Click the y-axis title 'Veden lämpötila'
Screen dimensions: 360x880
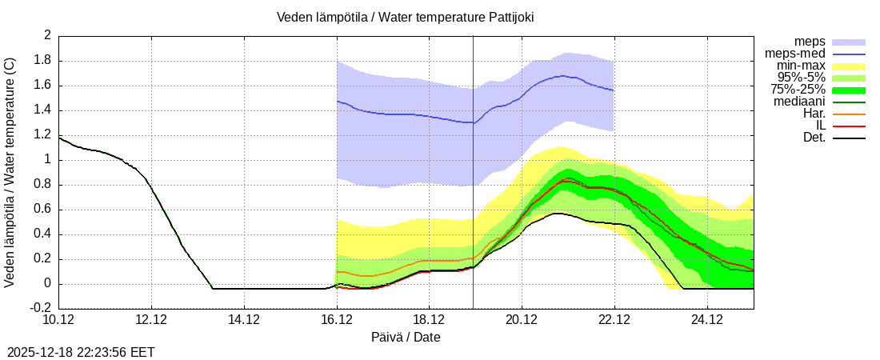click(x=10, y=172)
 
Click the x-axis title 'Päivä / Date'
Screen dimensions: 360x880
click(x=406, y=337)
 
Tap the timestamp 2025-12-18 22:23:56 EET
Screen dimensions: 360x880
click(x=81, y=352)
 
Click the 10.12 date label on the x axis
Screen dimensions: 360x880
click(x=59, y=320)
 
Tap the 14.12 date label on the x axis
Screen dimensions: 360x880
click(x=244, y=320)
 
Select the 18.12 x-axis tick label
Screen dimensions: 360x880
click(x=429, y=320)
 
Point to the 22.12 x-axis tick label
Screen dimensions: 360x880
click(x=614, y=320)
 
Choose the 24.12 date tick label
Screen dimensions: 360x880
click(x=706, y=320)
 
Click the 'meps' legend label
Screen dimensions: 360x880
click(x=810, y=42)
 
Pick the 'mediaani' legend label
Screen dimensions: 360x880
click(x=799, y=102)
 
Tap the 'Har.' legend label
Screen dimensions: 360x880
click(x=814, y=114)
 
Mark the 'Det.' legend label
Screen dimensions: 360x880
click(x=814, y=138)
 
